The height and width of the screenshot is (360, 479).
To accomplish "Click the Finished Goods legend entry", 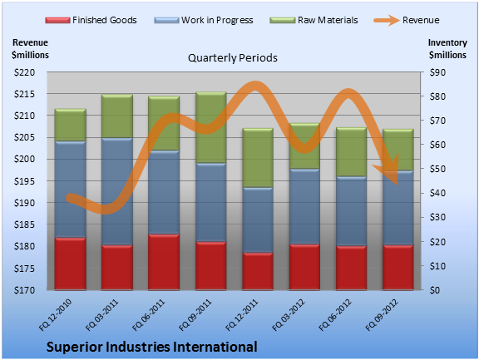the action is tap(91, 20).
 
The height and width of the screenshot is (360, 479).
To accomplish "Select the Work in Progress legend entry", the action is tap(204, 20).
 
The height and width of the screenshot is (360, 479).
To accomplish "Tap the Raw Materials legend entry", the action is tap(314, 20).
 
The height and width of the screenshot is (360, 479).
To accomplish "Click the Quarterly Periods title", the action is tap(233, 58).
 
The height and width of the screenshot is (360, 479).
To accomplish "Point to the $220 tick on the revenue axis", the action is tap(24, 72).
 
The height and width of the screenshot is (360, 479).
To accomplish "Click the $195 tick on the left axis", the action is tap(24, 181).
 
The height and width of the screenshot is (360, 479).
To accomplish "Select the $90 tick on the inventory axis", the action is tap(437, 72).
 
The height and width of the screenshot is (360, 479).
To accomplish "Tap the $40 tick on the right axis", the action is tap(437, 193).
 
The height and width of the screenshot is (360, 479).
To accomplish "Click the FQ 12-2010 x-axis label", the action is tap(56, 315).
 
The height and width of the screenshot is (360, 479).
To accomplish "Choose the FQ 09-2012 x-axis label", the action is tap(382, 315).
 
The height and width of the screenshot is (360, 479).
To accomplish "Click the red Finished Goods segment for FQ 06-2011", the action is tap(164, 262).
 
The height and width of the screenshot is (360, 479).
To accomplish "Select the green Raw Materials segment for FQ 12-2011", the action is tap(258, 158).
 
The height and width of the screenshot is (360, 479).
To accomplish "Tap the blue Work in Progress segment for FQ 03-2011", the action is tap(117, 191).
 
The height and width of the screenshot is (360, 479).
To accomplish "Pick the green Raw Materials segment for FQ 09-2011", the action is tap(210, 127).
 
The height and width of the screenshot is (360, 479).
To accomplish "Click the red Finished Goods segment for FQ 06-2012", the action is tap(351, 268).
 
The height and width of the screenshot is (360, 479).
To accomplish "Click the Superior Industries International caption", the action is tap(152, 347).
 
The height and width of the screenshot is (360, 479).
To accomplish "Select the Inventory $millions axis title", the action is tap(447, 49).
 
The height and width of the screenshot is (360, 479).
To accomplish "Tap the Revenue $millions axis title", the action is tap(30, 49).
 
